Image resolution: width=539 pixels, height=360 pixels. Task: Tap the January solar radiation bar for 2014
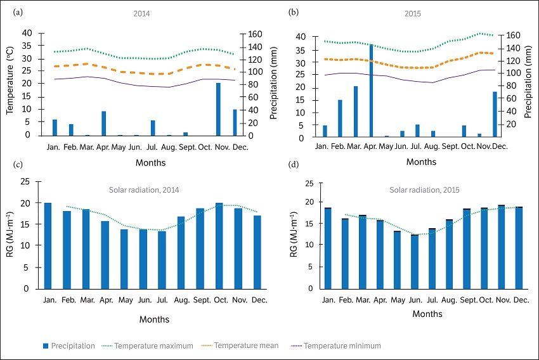[48, 245]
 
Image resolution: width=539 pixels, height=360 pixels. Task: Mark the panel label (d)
[293, 165]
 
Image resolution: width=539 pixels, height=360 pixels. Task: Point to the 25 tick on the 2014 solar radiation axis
[25, 182]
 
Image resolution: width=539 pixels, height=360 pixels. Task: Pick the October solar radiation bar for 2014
[219, 245]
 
